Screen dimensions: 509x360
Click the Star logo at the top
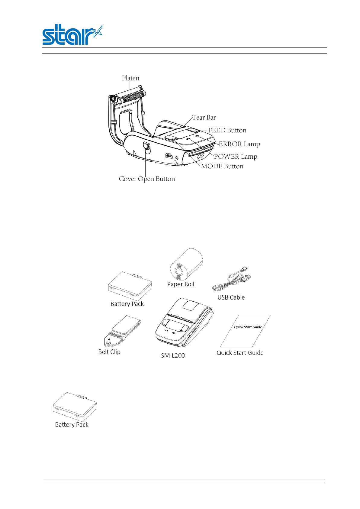tap(72, 35)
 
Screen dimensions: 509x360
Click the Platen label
tap(130, 78)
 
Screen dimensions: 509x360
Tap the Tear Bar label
tap(204, 118)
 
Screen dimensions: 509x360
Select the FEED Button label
tap(227, 130)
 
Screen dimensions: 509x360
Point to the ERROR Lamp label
tap(239, 144)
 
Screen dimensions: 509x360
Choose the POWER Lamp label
tap(236, 157)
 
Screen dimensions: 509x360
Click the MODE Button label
tap(222, 166)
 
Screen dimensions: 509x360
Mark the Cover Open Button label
tap(147, 179)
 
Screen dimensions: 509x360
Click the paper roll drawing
tap(186, 264)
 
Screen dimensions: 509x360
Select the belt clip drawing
tap(122, 331)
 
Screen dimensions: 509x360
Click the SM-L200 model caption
tap(173, 356)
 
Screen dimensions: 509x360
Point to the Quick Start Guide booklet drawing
tap(245, 331)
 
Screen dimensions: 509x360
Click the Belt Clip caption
tap(109, 352)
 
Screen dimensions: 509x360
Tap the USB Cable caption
tap(231, 297)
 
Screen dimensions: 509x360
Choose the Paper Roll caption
tap(181, 284)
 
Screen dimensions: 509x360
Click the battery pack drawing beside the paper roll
tap(130, 286)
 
